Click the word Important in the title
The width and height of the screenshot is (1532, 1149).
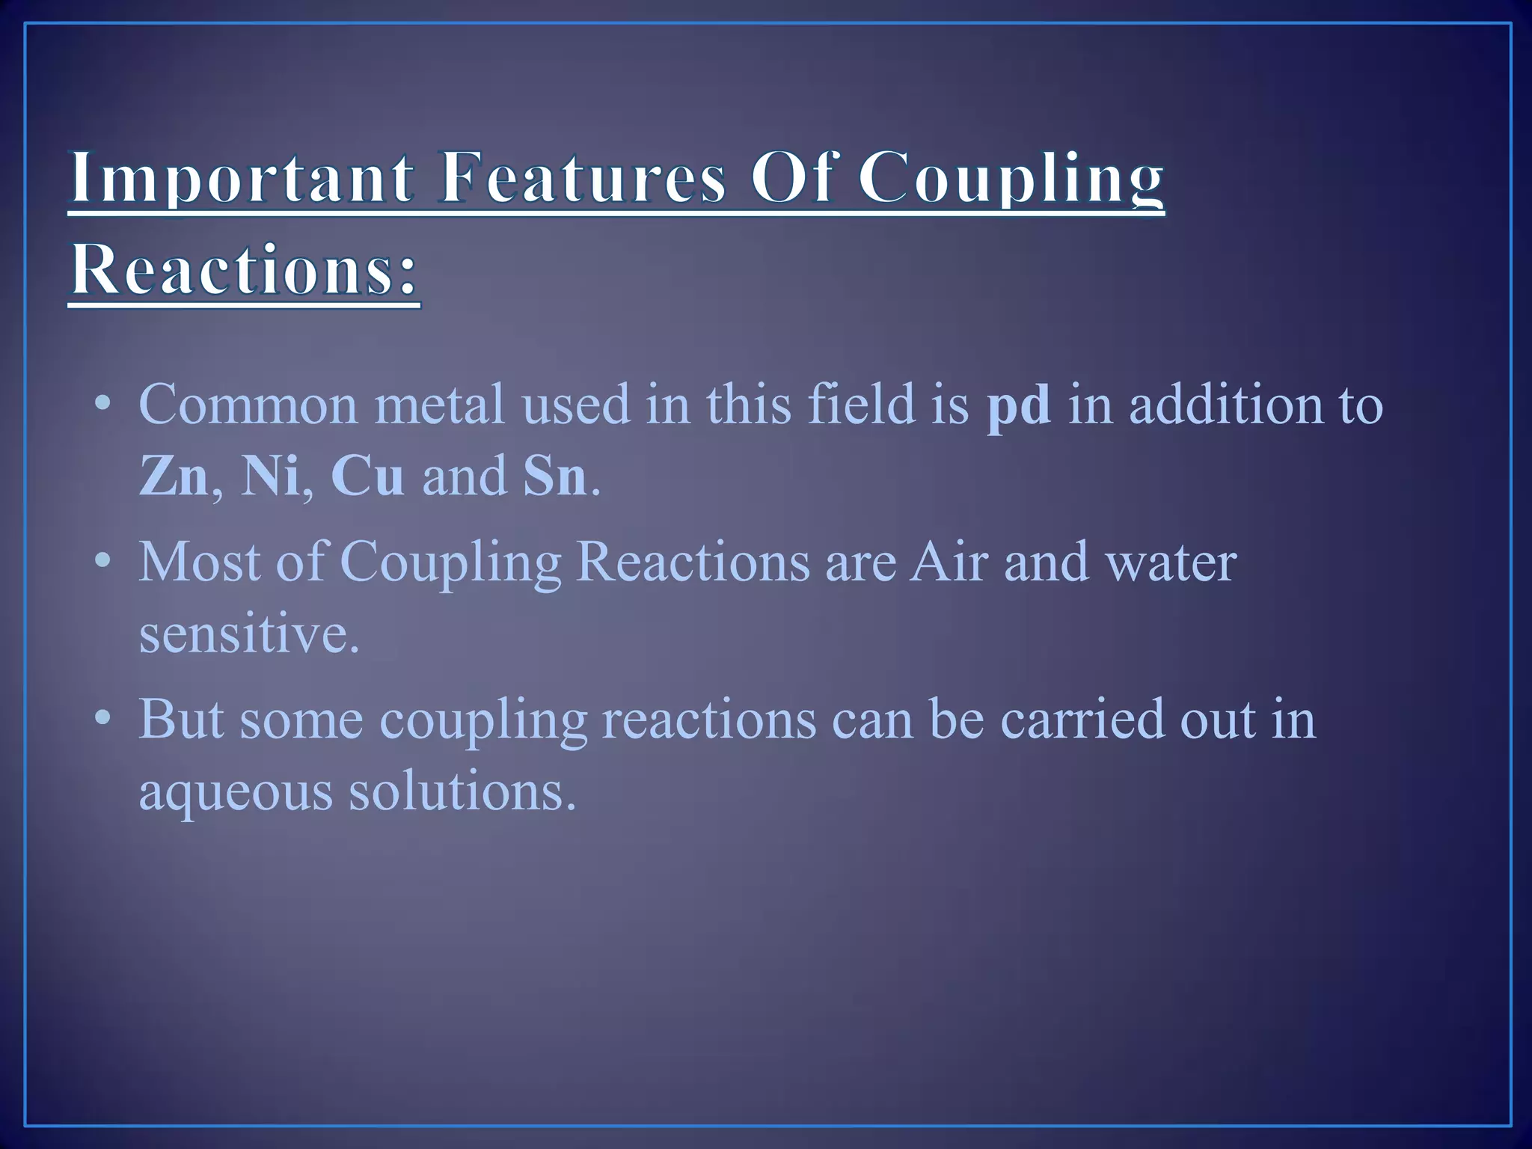[241, 177]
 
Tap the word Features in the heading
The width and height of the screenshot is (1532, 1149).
[583, 177]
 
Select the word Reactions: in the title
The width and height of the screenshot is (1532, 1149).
[244, 269]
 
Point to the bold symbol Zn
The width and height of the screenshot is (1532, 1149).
[174, 476]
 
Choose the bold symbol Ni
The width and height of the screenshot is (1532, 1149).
[269, 476]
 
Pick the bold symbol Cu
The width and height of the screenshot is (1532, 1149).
[367, 476]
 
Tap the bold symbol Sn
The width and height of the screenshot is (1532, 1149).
[555, 476]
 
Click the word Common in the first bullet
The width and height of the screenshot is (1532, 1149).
[248, 405]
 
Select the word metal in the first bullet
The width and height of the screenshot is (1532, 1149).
[440, 405]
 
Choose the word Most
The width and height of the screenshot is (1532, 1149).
[200, 561]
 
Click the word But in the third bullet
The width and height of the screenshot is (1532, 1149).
[181, 719]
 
